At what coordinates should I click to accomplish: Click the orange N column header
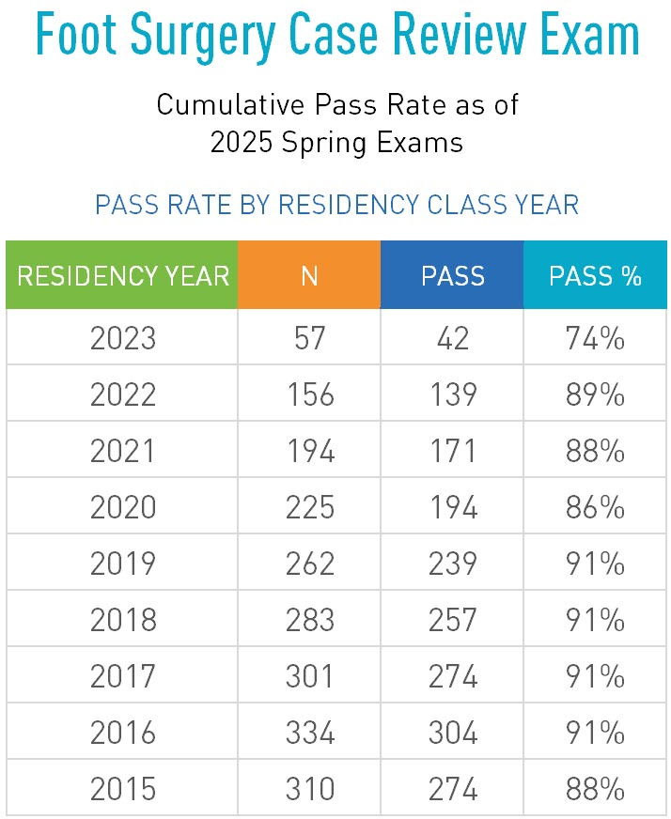click(x=309, y=275)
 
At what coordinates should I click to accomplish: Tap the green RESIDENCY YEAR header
click(x=122, y=275)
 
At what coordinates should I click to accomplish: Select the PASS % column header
click(x=595, y=275)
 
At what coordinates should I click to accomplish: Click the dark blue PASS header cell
click(x=452, y=275)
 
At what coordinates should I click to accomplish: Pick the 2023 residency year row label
click(x=122, y=338)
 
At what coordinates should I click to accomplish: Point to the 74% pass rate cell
click(x=595, y=338)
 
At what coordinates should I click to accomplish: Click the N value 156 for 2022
click(x=309, y=394)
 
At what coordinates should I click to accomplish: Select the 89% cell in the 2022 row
click(x=595, y=394)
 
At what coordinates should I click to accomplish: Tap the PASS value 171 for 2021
click(x=452, y=451)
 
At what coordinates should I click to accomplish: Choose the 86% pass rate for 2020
click(x=595, y=507)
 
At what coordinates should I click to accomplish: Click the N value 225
click(x=309, y=507)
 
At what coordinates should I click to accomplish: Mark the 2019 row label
click(x=122, y=564)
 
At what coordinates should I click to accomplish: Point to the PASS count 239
click(x=452, y=564)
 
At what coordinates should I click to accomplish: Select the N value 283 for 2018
click(x=309, y=620)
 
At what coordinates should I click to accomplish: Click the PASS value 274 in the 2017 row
click(x=452, y=676)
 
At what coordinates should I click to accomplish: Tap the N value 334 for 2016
click(x=309, y=733)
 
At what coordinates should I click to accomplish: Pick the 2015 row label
click(x=122, y=789)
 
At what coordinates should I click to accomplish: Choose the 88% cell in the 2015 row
click(x=595, y=789)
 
